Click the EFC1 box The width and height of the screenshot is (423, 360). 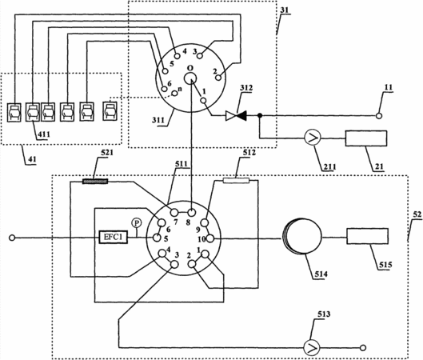click(113, 238)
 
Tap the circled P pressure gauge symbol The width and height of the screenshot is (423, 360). click(137, 223)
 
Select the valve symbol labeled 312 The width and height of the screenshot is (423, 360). click(236, 116)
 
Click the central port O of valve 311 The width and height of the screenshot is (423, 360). click(190, 78)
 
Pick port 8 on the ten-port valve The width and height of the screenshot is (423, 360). click(191, 212)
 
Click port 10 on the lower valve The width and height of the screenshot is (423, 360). click(210, 238)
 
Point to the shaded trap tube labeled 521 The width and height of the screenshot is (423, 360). click(95, 182)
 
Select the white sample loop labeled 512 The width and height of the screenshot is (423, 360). click(236, 181)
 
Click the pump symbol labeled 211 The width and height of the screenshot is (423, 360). click(313, 138)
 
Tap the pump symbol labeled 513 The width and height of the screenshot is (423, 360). click(312, 347)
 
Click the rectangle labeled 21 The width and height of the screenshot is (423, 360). click(366, 138)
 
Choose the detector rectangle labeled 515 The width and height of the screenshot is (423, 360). click(368, 236)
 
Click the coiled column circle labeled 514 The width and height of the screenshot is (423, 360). click(302, 236)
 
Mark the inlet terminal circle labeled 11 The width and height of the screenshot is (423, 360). click(379, 116)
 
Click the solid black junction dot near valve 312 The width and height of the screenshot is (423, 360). click(260, 115)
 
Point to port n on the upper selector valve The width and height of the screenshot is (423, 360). click(175, 94)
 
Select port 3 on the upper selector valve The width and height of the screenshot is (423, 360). click(200, 56)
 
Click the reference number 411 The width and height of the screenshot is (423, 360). click(43, 134)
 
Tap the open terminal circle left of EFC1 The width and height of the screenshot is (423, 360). click(12, 238)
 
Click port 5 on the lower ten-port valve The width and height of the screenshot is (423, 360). click(157, 238)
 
